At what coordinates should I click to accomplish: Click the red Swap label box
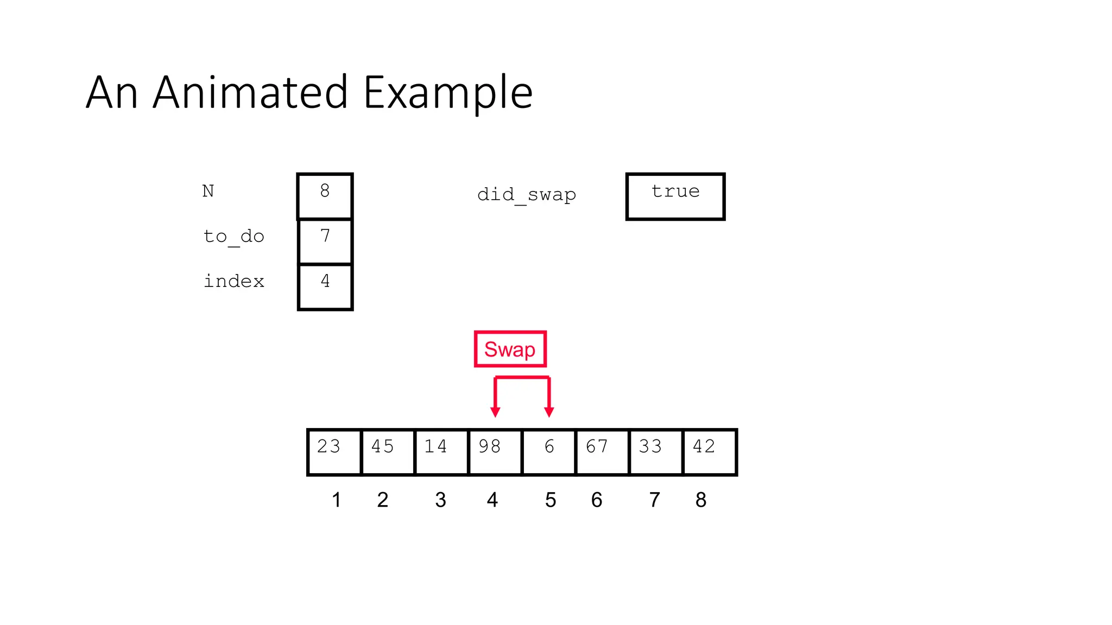[x=510, y=349]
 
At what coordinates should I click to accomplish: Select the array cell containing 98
[x=495, y=452]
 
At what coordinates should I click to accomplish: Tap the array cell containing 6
[x=548, y=452]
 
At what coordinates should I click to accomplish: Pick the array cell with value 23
[x=334, y=452]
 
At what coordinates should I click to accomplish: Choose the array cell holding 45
[x=387, y=452]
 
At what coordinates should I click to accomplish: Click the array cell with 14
[x=441, y=452]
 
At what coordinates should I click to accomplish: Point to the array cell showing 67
[x=602, y=452]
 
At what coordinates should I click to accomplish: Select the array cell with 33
[x=655, y=452]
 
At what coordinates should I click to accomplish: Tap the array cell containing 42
[x=709, y=452]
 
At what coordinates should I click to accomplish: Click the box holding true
[x=675, y=196]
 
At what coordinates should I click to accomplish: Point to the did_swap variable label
[x=526, y=195]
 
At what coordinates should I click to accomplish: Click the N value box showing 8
[x=325, y=196]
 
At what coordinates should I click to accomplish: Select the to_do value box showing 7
[x=325, y=241]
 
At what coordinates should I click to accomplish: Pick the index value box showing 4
[x=325, y=286]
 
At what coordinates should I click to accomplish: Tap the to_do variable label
[x=233, y=237]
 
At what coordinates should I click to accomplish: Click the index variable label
[x=233, y=281]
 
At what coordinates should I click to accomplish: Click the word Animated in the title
[x=250, y=93]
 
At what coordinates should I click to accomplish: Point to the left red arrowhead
[x=495, y=412]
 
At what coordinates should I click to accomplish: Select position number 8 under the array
[x=700, y=500]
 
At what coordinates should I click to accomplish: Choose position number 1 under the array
[x=336, y=500]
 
